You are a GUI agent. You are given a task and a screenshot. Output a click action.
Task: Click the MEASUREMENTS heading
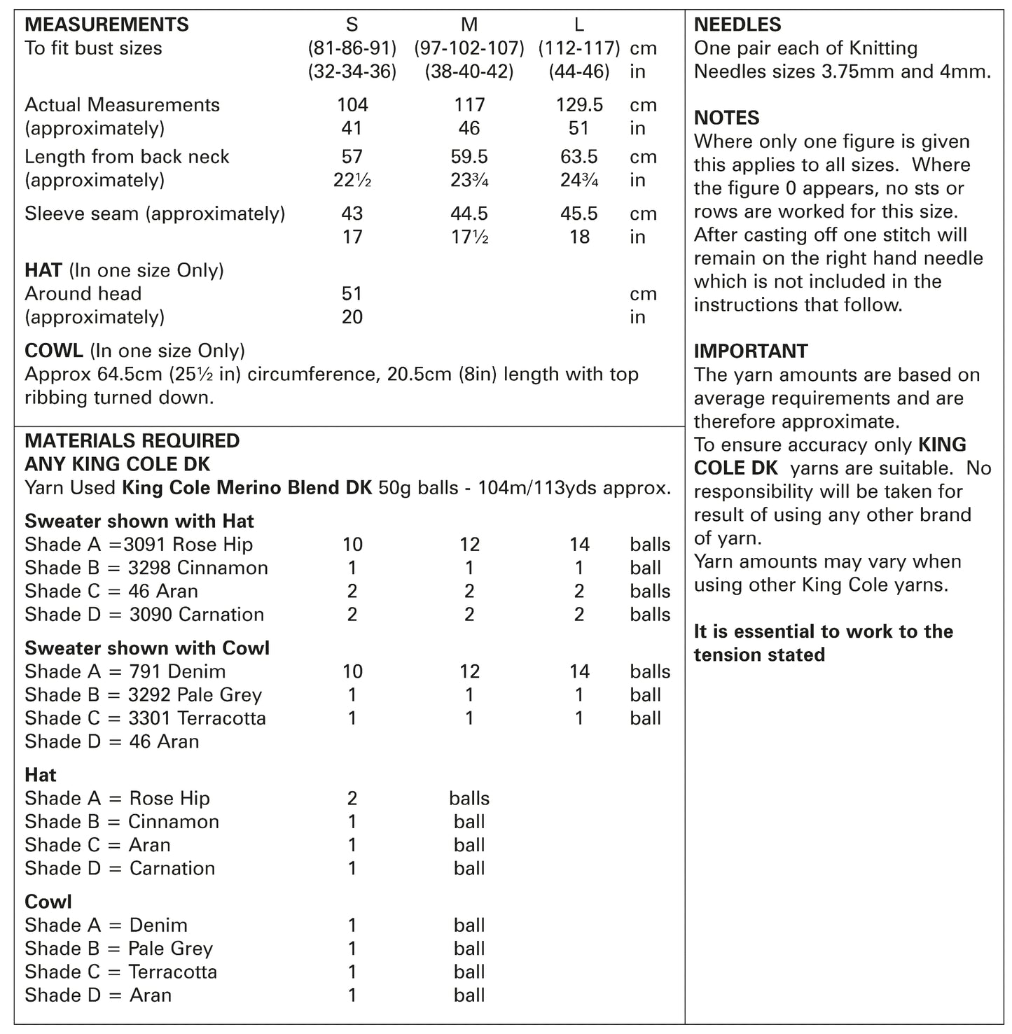[106, 25]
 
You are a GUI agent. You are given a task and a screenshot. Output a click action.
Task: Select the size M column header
[469, 25]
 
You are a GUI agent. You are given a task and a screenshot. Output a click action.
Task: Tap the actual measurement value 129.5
[578, 105]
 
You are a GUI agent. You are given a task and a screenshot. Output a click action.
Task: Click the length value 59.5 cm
[469, 157]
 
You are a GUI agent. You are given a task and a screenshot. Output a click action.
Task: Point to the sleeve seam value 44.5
[469, 214]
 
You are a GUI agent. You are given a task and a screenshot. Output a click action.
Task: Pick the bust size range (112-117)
[578, 48]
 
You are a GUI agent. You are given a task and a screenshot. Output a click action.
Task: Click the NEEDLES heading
[737, 25]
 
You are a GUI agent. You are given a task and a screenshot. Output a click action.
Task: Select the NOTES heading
[726, 118]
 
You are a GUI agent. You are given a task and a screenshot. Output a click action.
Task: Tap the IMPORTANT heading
[750, 351]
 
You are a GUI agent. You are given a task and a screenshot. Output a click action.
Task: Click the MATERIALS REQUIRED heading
[132, 441]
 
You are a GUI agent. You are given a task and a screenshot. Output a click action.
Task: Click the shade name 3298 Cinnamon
[198, 568]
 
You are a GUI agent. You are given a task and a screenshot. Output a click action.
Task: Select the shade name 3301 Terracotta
[197, 718]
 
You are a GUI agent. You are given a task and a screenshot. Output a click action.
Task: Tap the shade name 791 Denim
[177, 672]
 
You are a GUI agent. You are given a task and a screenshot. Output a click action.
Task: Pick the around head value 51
[352, 294]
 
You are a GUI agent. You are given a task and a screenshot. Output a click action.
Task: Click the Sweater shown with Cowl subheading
[147, 648]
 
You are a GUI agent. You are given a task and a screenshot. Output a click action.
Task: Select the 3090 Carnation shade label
[197, 615]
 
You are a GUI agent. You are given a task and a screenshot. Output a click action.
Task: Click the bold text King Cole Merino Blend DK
[247, 488]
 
